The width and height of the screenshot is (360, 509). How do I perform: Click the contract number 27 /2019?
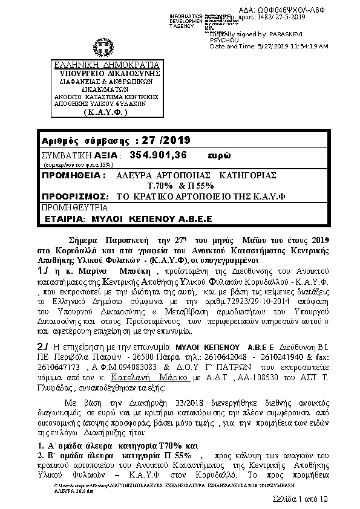(164, 141)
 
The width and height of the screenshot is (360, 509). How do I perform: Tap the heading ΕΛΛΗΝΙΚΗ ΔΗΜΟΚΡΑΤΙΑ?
(98, 65)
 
